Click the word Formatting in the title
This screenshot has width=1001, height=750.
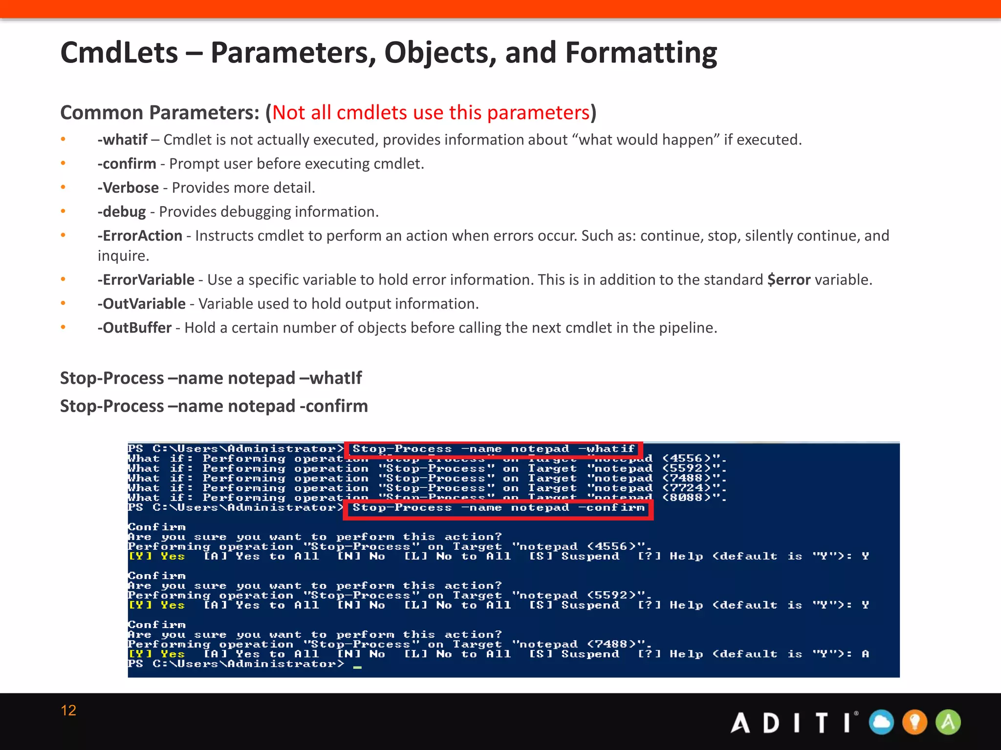[641, 53]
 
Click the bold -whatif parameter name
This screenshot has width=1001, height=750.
[122, 140]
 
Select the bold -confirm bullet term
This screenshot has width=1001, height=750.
[127, 164]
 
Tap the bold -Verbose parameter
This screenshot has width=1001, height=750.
[128, 187]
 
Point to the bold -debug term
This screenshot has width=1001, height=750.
[122, 211]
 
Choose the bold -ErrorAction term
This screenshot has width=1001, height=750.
[140, 235]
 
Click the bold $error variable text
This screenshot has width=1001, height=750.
[788, 279]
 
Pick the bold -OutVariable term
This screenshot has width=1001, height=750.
[141, 303]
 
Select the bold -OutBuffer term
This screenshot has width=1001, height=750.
[134, 327]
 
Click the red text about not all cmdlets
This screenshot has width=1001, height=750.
[431, 112]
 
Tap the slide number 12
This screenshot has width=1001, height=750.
[68, 710]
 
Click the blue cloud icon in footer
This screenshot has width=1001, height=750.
[881, 722]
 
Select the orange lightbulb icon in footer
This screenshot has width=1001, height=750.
[914, 722]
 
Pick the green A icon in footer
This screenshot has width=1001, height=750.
[948, 722]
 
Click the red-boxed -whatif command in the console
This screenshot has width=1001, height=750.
[493, 448]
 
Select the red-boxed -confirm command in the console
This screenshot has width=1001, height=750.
[498, 508]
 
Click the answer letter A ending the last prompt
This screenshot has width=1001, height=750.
[865, 654]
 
